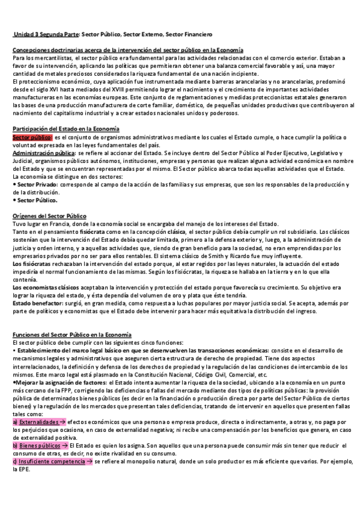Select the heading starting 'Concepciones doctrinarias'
[128, 49]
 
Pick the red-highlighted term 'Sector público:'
[32, 137]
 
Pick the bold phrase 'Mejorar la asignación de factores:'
[58, 382]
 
